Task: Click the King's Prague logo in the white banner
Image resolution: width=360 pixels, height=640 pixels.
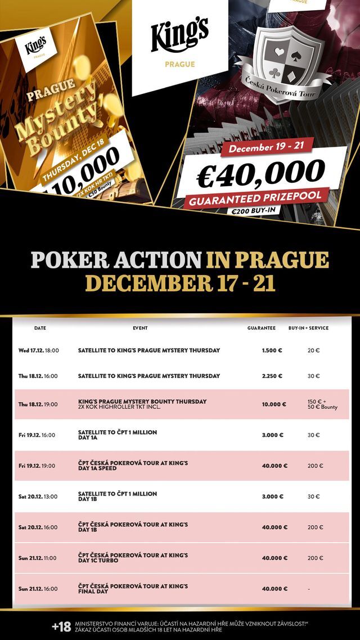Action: [180, 42]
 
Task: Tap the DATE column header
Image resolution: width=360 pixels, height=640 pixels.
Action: [40, 328]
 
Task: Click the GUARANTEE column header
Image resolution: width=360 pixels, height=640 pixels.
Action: [262, 328]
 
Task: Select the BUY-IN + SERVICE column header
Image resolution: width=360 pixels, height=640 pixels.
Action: [308, 328]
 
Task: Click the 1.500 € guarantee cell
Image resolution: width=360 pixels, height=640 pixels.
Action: [272, 350]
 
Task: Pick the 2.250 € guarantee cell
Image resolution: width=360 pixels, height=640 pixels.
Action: [272, 376]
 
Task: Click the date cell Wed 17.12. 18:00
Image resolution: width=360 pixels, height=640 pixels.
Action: [39, 350]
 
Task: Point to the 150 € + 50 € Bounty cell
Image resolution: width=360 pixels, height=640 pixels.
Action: [322, 404]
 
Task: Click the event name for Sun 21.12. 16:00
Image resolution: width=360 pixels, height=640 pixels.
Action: [133, 588]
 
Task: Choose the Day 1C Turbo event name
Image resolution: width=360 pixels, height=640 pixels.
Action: [133, 558]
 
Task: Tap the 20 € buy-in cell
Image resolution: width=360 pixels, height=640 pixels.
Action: [313, 350]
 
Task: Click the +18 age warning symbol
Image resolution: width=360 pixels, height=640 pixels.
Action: [61, 626]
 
